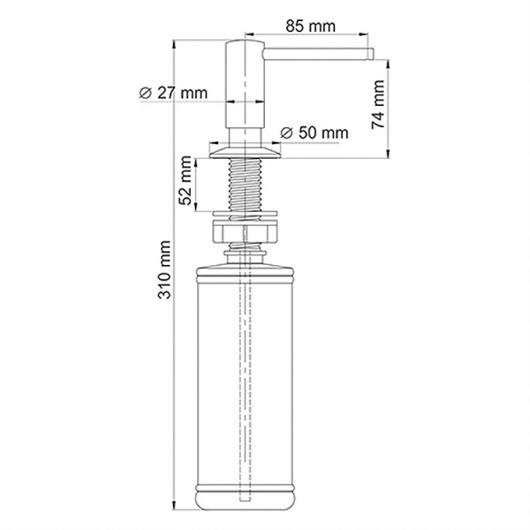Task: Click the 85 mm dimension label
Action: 310,26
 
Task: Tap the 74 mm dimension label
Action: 378,105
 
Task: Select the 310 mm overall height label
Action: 164,269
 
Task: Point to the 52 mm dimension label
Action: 185,180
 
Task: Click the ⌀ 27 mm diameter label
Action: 173,93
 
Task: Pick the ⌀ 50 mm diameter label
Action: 314,132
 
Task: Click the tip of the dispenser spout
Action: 373,54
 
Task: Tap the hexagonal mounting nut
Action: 245,231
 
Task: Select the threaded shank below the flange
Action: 245,185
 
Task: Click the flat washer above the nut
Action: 245,214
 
